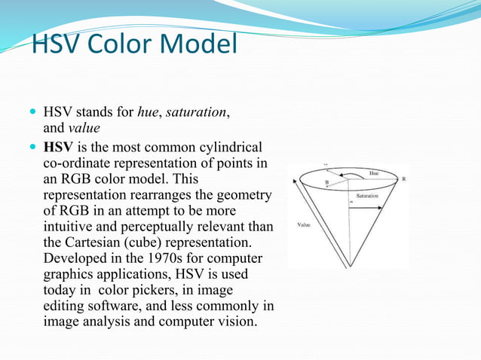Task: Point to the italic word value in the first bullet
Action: [x=84, y=128]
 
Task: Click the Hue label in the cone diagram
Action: [x=374, y=172]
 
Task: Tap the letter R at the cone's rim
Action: [x=403, y=179]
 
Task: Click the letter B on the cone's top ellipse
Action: [x=326, y=182]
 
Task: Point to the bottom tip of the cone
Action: [x=348, y=266]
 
